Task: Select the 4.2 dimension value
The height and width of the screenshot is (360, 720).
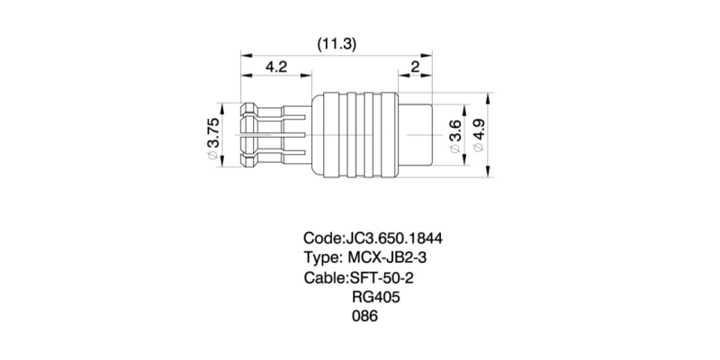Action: (275, 67)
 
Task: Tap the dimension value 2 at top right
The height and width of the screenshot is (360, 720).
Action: (414, 67)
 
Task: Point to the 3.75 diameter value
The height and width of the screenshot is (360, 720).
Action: (213, 133)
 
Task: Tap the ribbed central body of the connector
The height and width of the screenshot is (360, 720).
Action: (355, 135)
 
